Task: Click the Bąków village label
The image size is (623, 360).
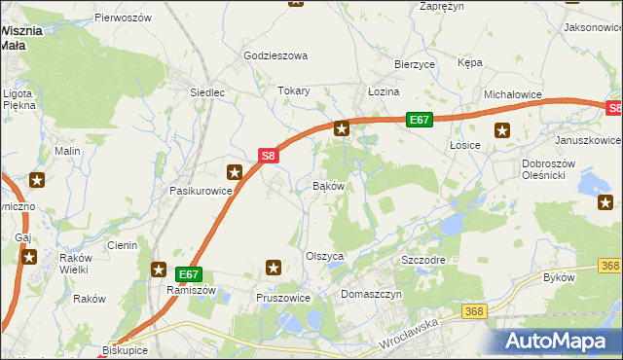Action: click(329, 185)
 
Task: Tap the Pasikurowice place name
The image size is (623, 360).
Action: click(201, 191)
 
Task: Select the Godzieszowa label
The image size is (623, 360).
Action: click(275, 56)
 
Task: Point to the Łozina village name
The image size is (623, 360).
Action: click(384, 90)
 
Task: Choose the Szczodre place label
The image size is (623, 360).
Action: click(423, 262)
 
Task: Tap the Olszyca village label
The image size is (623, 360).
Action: click(325, 256)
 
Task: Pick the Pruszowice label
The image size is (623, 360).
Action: click(282, 298)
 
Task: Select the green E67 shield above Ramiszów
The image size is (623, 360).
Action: click(190, 275)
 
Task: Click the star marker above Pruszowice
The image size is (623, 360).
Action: click(274, 267)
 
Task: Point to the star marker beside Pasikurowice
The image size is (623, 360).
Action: click(235, 172)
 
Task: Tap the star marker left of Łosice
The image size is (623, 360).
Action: click(502, 130)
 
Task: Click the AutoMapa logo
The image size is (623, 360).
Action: click(557, 341)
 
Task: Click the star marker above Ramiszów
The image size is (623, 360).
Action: click(159, 269)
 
